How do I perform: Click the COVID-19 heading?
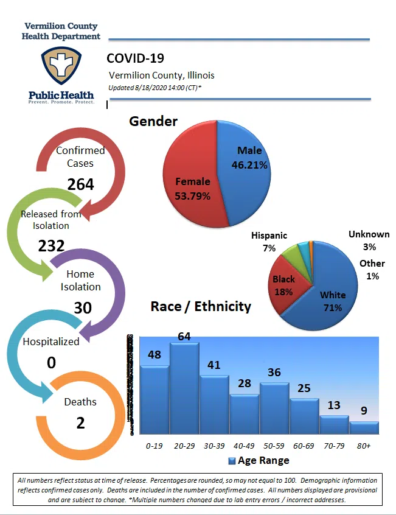point(135,58)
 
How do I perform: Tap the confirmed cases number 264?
point(80,184)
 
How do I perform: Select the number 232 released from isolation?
point(52,246)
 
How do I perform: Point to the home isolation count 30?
point(83,308)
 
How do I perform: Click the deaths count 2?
point(80,422)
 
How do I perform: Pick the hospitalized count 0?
point(51,363)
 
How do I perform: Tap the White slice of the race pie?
point(328,292)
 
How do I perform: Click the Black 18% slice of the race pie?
point(284,285)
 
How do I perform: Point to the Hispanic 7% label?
point(269,242)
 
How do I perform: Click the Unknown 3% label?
point(369,240)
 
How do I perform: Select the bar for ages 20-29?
point(184,390)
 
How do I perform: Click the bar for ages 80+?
point(364,427)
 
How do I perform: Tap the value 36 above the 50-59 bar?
point(274,372)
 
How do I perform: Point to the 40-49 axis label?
point(245,446)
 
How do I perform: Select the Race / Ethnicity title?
point(201,306)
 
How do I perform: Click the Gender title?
point(153,121)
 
